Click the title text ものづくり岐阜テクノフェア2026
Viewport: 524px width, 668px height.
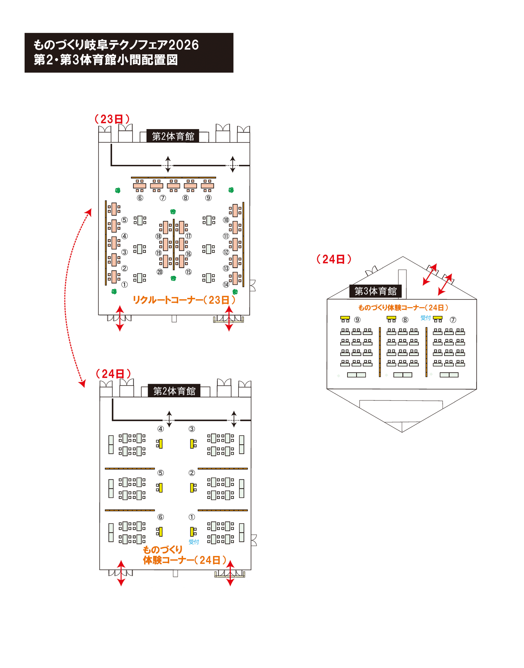coord(116,45)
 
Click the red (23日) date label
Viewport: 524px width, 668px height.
coord(112,119)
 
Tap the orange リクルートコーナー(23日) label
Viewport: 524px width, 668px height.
coord(184,300)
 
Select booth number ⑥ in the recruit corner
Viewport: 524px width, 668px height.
coord(140,198)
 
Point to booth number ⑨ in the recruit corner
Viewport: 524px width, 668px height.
coord(208,198)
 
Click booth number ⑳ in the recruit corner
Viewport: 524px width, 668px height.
coord(160,272)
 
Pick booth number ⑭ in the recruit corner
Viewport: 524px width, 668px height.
coord(226,285)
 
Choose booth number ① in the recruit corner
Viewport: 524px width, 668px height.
coord(124,285)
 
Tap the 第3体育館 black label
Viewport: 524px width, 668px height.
coord(375,291)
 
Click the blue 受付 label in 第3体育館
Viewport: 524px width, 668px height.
coord(425,318)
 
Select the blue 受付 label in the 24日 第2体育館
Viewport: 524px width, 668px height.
coord(194,542)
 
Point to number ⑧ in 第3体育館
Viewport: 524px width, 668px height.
coord(405,320)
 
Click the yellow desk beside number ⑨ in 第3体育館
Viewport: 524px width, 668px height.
coord(345,318)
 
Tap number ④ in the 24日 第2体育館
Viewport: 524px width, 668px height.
coord(161,429)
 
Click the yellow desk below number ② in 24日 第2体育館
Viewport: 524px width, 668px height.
coord(192,487)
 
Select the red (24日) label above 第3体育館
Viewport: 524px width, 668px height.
coord(334,259)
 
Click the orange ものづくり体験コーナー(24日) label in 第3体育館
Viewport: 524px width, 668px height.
coord(403,308)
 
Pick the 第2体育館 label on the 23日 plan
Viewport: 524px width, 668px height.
coord(173,136)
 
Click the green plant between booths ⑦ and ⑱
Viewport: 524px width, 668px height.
coord(173,212)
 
